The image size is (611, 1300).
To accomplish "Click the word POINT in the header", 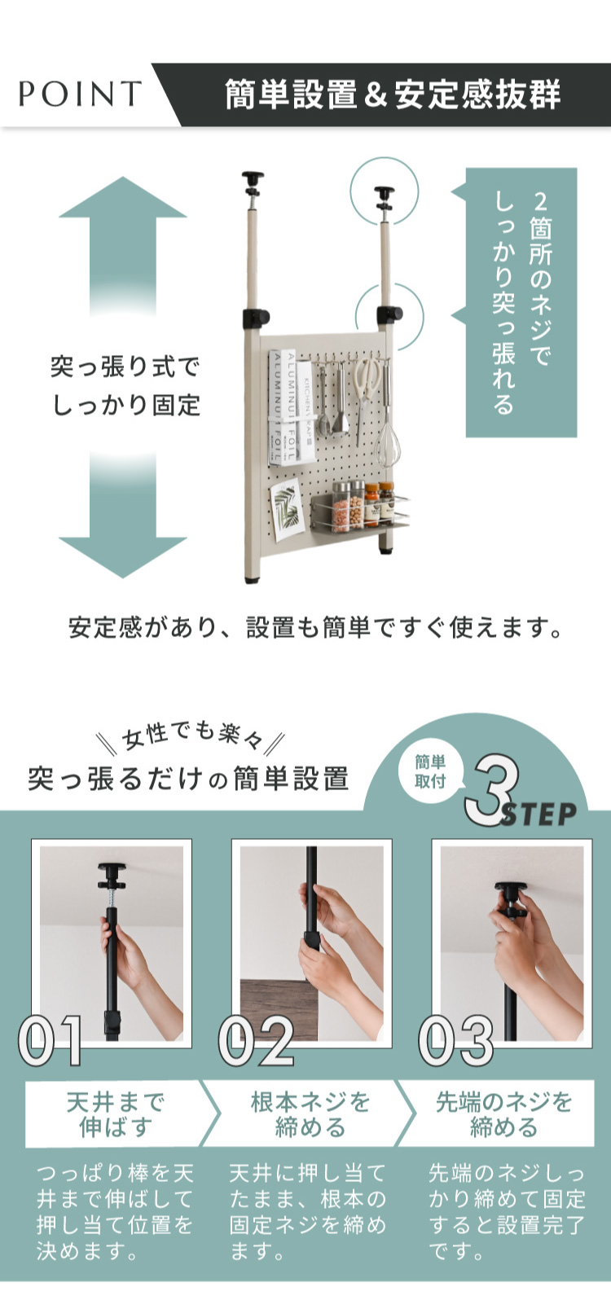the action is coord(80,94).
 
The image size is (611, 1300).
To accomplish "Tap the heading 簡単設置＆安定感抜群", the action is coord(393,94).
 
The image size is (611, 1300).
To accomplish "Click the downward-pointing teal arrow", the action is coord(122,514).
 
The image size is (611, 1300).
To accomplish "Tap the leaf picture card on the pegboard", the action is coord(288,510).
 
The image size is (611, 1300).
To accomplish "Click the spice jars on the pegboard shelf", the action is coord(362,506).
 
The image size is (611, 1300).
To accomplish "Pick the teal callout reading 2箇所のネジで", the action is coord(521,302).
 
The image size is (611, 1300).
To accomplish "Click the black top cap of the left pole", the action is coord(253,176).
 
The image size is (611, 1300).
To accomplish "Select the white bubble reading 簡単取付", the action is coord(431,772).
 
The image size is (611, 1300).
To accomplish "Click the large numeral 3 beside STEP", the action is coord(491,789).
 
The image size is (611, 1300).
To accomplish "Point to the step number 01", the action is coord(51,1041).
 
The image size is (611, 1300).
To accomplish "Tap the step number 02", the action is coord(256,1041).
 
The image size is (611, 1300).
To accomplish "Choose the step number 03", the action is coord(457,1041).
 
